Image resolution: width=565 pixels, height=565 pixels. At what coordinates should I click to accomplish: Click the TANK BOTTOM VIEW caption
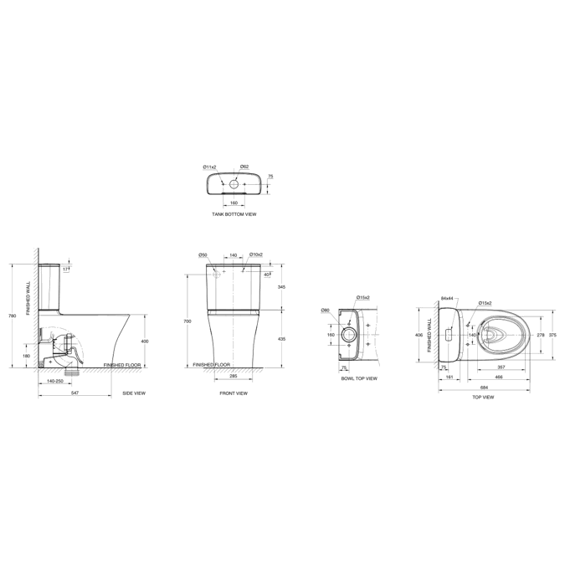pyautogui.click(x=234, y=214)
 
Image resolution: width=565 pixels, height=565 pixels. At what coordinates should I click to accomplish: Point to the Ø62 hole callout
pyautogui.click(x=244, y=167)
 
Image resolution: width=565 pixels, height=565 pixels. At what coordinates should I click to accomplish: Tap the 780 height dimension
pyautogui.click(x=12, y=316)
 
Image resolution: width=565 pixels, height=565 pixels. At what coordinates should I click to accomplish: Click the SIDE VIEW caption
pyautogui.click(x=134, y=393)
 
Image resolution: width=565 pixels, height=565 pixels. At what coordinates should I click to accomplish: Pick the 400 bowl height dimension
pyautogui.click(x=144, y=342)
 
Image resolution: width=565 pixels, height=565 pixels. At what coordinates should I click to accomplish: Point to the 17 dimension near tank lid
pyautogui.click(x=65, y=270)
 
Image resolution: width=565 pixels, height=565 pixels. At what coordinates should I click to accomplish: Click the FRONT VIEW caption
pyautogui.click(x=234, y=393)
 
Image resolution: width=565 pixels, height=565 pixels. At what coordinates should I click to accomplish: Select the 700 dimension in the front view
pyautogui.click(x=188, y=321)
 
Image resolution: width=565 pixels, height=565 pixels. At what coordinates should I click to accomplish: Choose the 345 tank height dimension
pyautogui.click(x=281, y=287)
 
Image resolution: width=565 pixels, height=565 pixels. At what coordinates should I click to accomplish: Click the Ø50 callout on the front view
pyautogui.click(x=203, y=254)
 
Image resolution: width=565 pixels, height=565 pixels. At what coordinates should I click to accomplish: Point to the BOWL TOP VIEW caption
pyautogui.click(x=359, y=378)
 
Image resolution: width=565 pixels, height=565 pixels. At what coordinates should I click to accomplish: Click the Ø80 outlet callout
pyautogui.click(x=326, y=311)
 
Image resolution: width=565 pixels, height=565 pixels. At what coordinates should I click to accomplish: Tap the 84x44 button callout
pyautogui.click(x=446, y=298)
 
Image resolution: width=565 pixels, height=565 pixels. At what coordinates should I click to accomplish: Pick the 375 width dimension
pyautogui.click(x=552, y=335)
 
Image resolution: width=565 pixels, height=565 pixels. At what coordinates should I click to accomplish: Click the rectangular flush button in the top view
pyautogui.click(x=449, y=335)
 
